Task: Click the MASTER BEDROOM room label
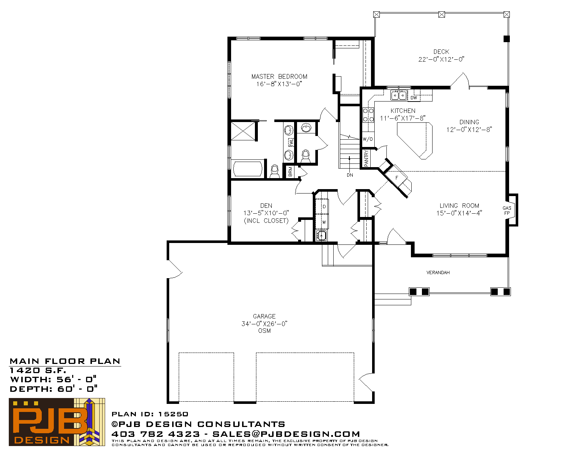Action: pyautogui.click(x=279, y=77)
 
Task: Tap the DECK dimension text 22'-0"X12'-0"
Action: pyautogui.click(x=441, y=59)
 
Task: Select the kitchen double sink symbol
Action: pyautogui.click(x=398, y=95)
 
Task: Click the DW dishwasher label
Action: pyautogui.click(x=413, y=97)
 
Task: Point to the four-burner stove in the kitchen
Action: pyautogui.click(x=368, y=115)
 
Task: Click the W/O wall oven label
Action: pyautogui.click(x=368, y=139)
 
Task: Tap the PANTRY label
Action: pyautogui.click(x=366, y=158)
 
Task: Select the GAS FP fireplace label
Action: pyautogui.click(x=507, y=210)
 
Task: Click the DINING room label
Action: pyautogui.click(x=469, y=122)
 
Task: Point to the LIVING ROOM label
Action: pyautogui.click(x=459, y=206)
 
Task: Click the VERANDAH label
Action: pyautogui.click(x=438, y=273)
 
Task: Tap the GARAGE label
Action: pyautogui.click(x=264, y=316)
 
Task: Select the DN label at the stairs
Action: pyautogui.click(x=350, y=175)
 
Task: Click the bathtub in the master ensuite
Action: pyautogui.click(x=248, y=169)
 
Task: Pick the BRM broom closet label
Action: pyautogui.click(x=290, y=172)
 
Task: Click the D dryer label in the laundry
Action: pyautogui.click(x=324, y=207)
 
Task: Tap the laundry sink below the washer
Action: pyautogui.click(x=321, y=236)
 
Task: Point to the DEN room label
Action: pyautogui.click(x=266, y=206)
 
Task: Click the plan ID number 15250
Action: pyautogui.click(x=173, y=414)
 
